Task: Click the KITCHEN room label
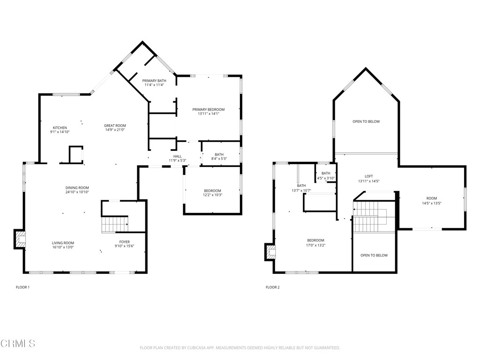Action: click(x=60, y=127)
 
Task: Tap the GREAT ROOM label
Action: click(x=115, y=126)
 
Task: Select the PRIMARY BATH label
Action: click(x=154, y=81)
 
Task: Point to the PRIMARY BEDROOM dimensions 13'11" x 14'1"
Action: click(x=209, y=113)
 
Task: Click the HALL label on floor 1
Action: click(x=177, y=156)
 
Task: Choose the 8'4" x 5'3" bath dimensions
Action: click(x=219, y=158)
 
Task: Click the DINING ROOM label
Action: click(x=77, y=188)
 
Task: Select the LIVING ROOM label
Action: click(x=63, y=243)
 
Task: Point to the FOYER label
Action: click(x=124, y=242)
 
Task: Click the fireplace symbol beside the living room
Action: click(x=21, y=239)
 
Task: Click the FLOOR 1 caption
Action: click(x=22, y=287)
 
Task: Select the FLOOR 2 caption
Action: click(x=272, y=287)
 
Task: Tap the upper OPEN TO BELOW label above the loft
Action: click(x=366, y=121)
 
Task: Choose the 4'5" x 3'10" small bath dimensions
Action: click(x=326, y=178)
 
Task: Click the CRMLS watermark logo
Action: click(x=18, y=344)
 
